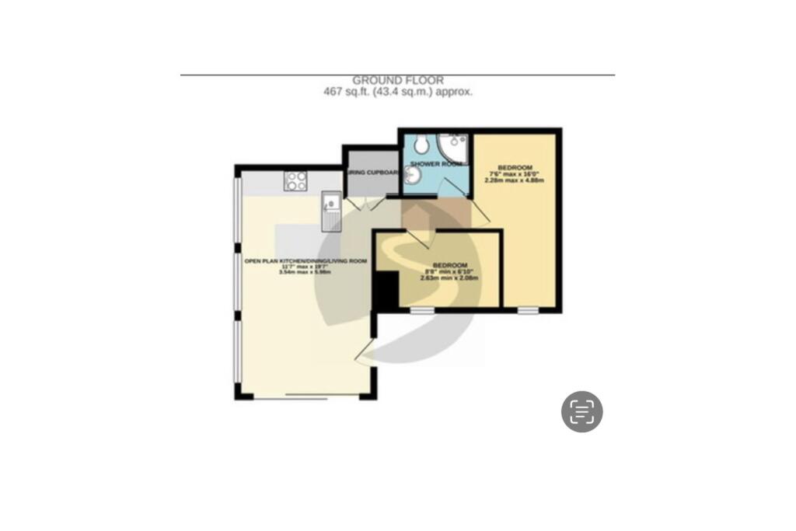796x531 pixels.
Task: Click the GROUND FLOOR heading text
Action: click(397, 80)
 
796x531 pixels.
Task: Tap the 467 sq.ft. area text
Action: click(397, 91)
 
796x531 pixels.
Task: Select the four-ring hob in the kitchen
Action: click(295, 181)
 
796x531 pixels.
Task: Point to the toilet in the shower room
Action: click(421, 144)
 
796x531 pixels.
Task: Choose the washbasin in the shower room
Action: click(413, 178)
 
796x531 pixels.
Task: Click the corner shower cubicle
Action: click(453, 148)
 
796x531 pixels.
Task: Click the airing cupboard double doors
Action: click(363, 203)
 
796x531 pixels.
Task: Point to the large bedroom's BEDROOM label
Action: click(515, 168)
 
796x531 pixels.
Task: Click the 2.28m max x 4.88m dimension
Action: click(515, 180)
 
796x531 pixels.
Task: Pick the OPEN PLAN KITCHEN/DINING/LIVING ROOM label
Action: click(305, 261)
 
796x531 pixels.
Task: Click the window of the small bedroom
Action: click(422, 310)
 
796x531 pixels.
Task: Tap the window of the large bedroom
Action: click(528, 310)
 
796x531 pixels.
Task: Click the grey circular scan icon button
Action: click(582, 411)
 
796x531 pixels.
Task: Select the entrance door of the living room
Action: click(365, 354)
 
